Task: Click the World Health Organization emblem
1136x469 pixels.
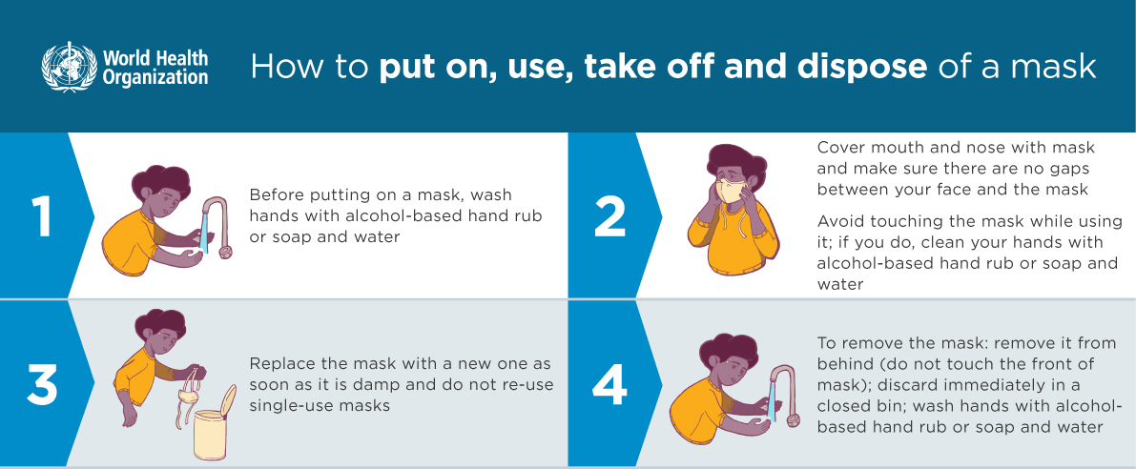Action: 69,66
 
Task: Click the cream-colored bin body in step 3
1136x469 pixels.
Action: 210,435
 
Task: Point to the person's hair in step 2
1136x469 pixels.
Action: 734,162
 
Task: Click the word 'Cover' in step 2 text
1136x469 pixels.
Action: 840,148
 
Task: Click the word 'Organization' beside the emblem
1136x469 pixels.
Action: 155,77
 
